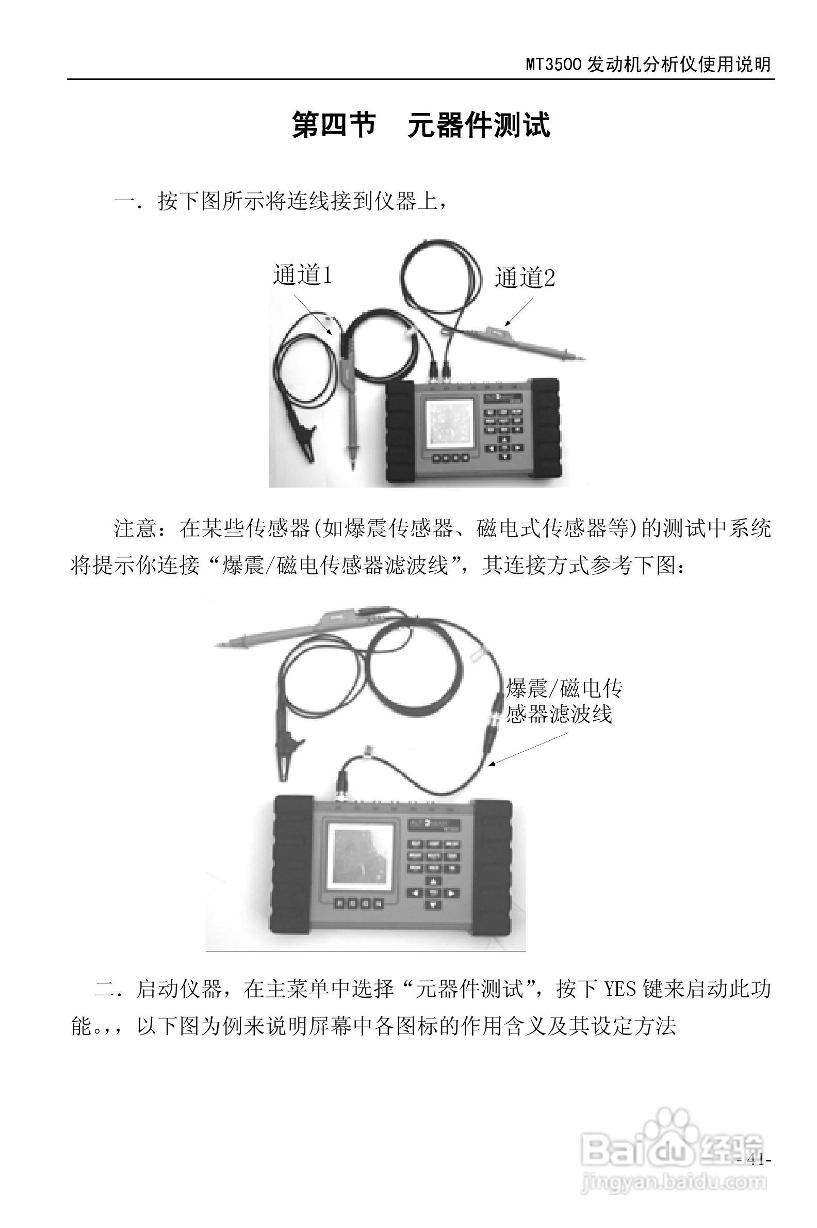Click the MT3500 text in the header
pos(553,64)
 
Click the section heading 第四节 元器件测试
pos(420,125)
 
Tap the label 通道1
pos(303,274)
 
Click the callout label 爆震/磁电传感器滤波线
pos(563,701)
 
